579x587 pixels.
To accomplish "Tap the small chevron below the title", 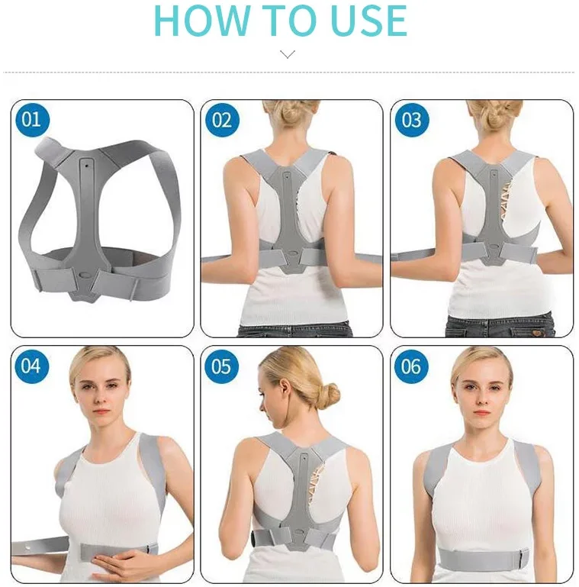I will (288, 54).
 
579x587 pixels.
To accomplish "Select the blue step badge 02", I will (221, 120).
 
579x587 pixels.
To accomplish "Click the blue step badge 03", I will (411, 120).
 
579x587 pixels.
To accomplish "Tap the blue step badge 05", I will (221, 366).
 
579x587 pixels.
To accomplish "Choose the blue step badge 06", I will (411, 366).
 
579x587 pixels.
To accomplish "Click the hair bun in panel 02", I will (291, 113).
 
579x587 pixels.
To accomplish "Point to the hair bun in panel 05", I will (330, 394).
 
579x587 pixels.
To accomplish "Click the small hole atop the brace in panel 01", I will (86, 163).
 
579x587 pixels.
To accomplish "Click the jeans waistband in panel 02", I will (294, 330).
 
